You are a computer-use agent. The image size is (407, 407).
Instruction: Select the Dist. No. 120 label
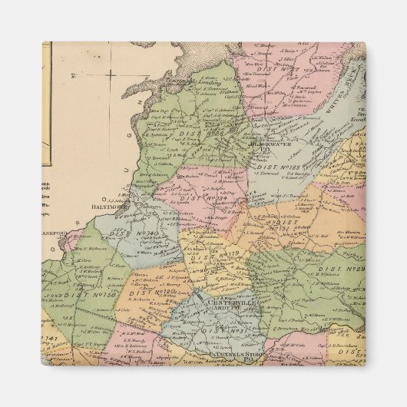pyautogui.click(x=154, y=291)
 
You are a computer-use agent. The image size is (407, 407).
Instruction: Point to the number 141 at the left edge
pyautogui.click(x=51, y=339)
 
